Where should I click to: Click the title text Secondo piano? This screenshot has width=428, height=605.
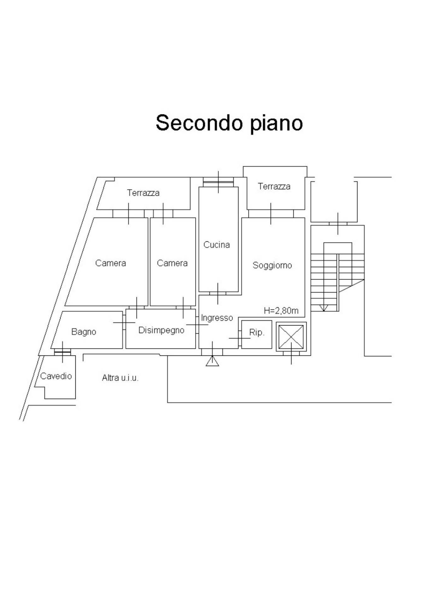pos(229,123)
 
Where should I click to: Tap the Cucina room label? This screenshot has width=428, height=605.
pos(216,245)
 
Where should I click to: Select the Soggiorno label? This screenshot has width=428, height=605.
pos(272,265)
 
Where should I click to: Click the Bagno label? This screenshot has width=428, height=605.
pos(84,331)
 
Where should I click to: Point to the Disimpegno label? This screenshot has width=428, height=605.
pos(161,330)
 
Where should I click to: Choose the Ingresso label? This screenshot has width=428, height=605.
pos(217,318)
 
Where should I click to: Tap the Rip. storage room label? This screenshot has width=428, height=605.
pos(256,332)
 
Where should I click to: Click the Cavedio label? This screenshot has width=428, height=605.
pos(56,376)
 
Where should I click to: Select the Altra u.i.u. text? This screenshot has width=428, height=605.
pos(120,377)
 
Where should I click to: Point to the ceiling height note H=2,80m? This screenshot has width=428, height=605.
pos(281,311)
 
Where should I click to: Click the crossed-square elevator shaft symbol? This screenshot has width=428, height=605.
pos(291,336)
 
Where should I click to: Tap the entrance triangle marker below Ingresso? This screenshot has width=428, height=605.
pos(212,361)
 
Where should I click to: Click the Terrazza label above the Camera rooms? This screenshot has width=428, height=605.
pos(143,193)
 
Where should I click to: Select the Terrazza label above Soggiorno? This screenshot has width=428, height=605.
pos(274,186)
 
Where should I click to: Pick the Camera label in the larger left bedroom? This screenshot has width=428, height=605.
pos(110,263)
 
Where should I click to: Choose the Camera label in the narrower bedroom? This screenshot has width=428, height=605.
pos(172,263)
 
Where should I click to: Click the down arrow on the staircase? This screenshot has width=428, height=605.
pos(324,308)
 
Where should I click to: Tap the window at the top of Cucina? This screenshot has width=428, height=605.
pos(218,182)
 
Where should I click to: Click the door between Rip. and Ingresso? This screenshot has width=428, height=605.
pos(240,338)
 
